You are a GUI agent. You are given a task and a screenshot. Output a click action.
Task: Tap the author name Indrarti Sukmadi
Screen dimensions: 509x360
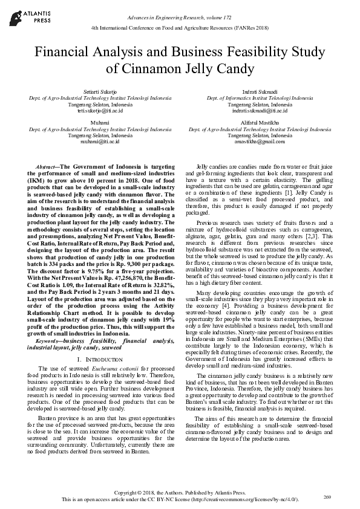click(x=260, y=91)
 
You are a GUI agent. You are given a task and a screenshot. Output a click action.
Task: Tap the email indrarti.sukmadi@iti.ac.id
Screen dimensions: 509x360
click(x=260, y=111)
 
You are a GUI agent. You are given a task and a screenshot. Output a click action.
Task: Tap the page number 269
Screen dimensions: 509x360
click(x=327, y=496)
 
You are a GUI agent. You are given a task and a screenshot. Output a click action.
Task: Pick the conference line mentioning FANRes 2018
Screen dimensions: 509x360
click(x=180, y=28)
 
